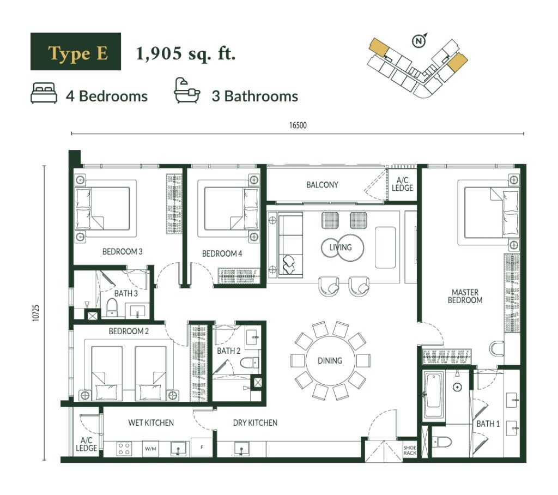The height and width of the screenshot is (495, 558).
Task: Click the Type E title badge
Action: pyautogui.click(x=75, y=51)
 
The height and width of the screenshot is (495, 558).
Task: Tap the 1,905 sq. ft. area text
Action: pyautogui.click(x=186, y=53)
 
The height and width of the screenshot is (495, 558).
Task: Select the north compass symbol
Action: pyautogui.click(x=419, y=40)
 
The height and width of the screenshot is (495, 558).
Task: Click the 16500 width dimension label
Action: pyautogui.click(x=298, y=125)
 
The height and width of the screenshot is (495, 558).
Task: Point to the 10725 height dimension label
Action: pyautogui.click(x=36, y=313)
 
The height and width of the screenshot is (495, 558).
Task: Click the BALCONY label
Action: pyautogui.click(x=322, y=185)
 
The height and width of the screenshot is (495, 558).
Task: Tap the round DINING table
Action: pyautogui.click(x=330, y=360)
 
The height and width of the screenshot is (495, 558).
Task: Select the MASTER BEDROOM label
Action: pyautogui.click(x=465, y=296)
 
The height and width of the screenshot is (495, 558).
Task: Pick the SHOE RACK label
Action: pyautogui.click(x=410, y=450)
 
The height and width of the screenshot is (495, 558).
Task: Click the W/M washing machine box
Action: pyautogui.click(x=150, y=449)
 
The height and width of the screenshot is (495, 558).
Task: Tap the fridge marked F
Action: pyautogui.click(x=202, y=447)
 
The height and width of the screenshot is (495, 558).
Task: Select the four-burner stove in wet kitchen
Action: pyautogui.click(x=124, y=449)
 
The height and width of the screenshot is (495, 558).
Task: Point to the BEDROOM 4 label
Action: pyautogui.click(x=222, y=253)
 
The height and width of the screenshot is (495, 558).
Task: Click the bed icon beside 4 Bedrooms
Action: pyautogui.click(x=44, y=93)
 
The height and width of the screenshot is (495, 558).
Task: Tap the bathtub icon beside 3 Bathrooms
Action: pyautogui.click(x=186, y=91)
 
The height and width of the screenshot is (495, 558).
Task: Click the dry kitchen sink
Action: pyautogui.click(x=241, y=449)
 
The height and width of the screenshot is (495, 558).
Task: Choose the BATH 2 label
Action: pyautogui.click(x=228, y=351)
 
